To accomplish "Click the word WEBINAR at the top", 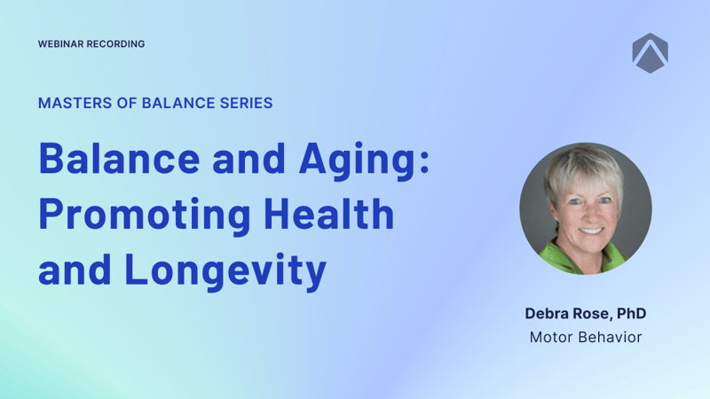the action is point(60,43).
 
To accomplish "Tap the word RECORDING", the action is point(116,43).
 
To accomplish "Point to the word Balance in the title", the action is point(119,159).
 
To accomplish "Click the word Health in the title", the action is point(328,214).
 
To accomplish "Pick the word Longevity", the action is point(225,271).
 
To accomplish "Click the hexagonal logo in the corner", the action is point(651,53).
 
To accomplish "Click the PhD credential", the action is point(631,314).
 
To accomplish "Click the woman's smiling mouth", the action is point(591,231).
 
